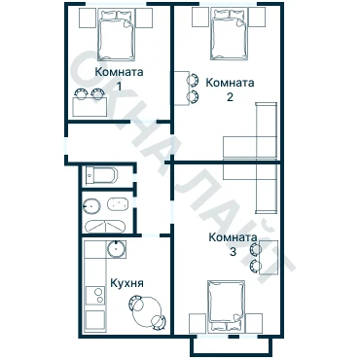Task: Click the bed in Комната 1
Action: coord(116,35)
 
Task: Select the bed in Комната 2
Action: coord(229,34)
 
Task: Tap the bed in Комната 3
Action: coord(226,306)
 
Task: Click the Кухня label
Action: coord(126,283)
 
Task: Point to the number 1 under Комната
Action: coord(120,87)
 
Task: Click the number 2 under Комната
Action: coord(230,97)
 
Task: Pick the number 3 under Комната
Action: coord(233,252)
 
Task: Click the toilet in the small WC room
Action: coord(101,175)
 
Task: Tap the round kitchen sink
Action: coord(116,249)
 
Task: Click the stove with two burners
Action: coord(95,296)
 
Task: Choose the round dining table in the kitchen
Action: coord(147,312)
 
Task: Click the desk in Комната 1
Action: coord(90,106)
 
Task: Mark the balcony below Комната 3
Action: coord(231,346)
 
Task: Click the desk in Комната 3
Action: coord(269,258)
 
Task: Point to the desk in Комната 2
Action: coord(182,88)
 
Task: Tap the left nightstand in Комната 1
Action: coord(88,18)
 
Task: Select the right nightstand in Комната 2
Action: coord(257,18)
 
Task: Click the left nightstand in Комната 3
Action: coord(198,323)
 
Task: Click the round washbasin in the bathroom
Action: coord(92,205)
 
